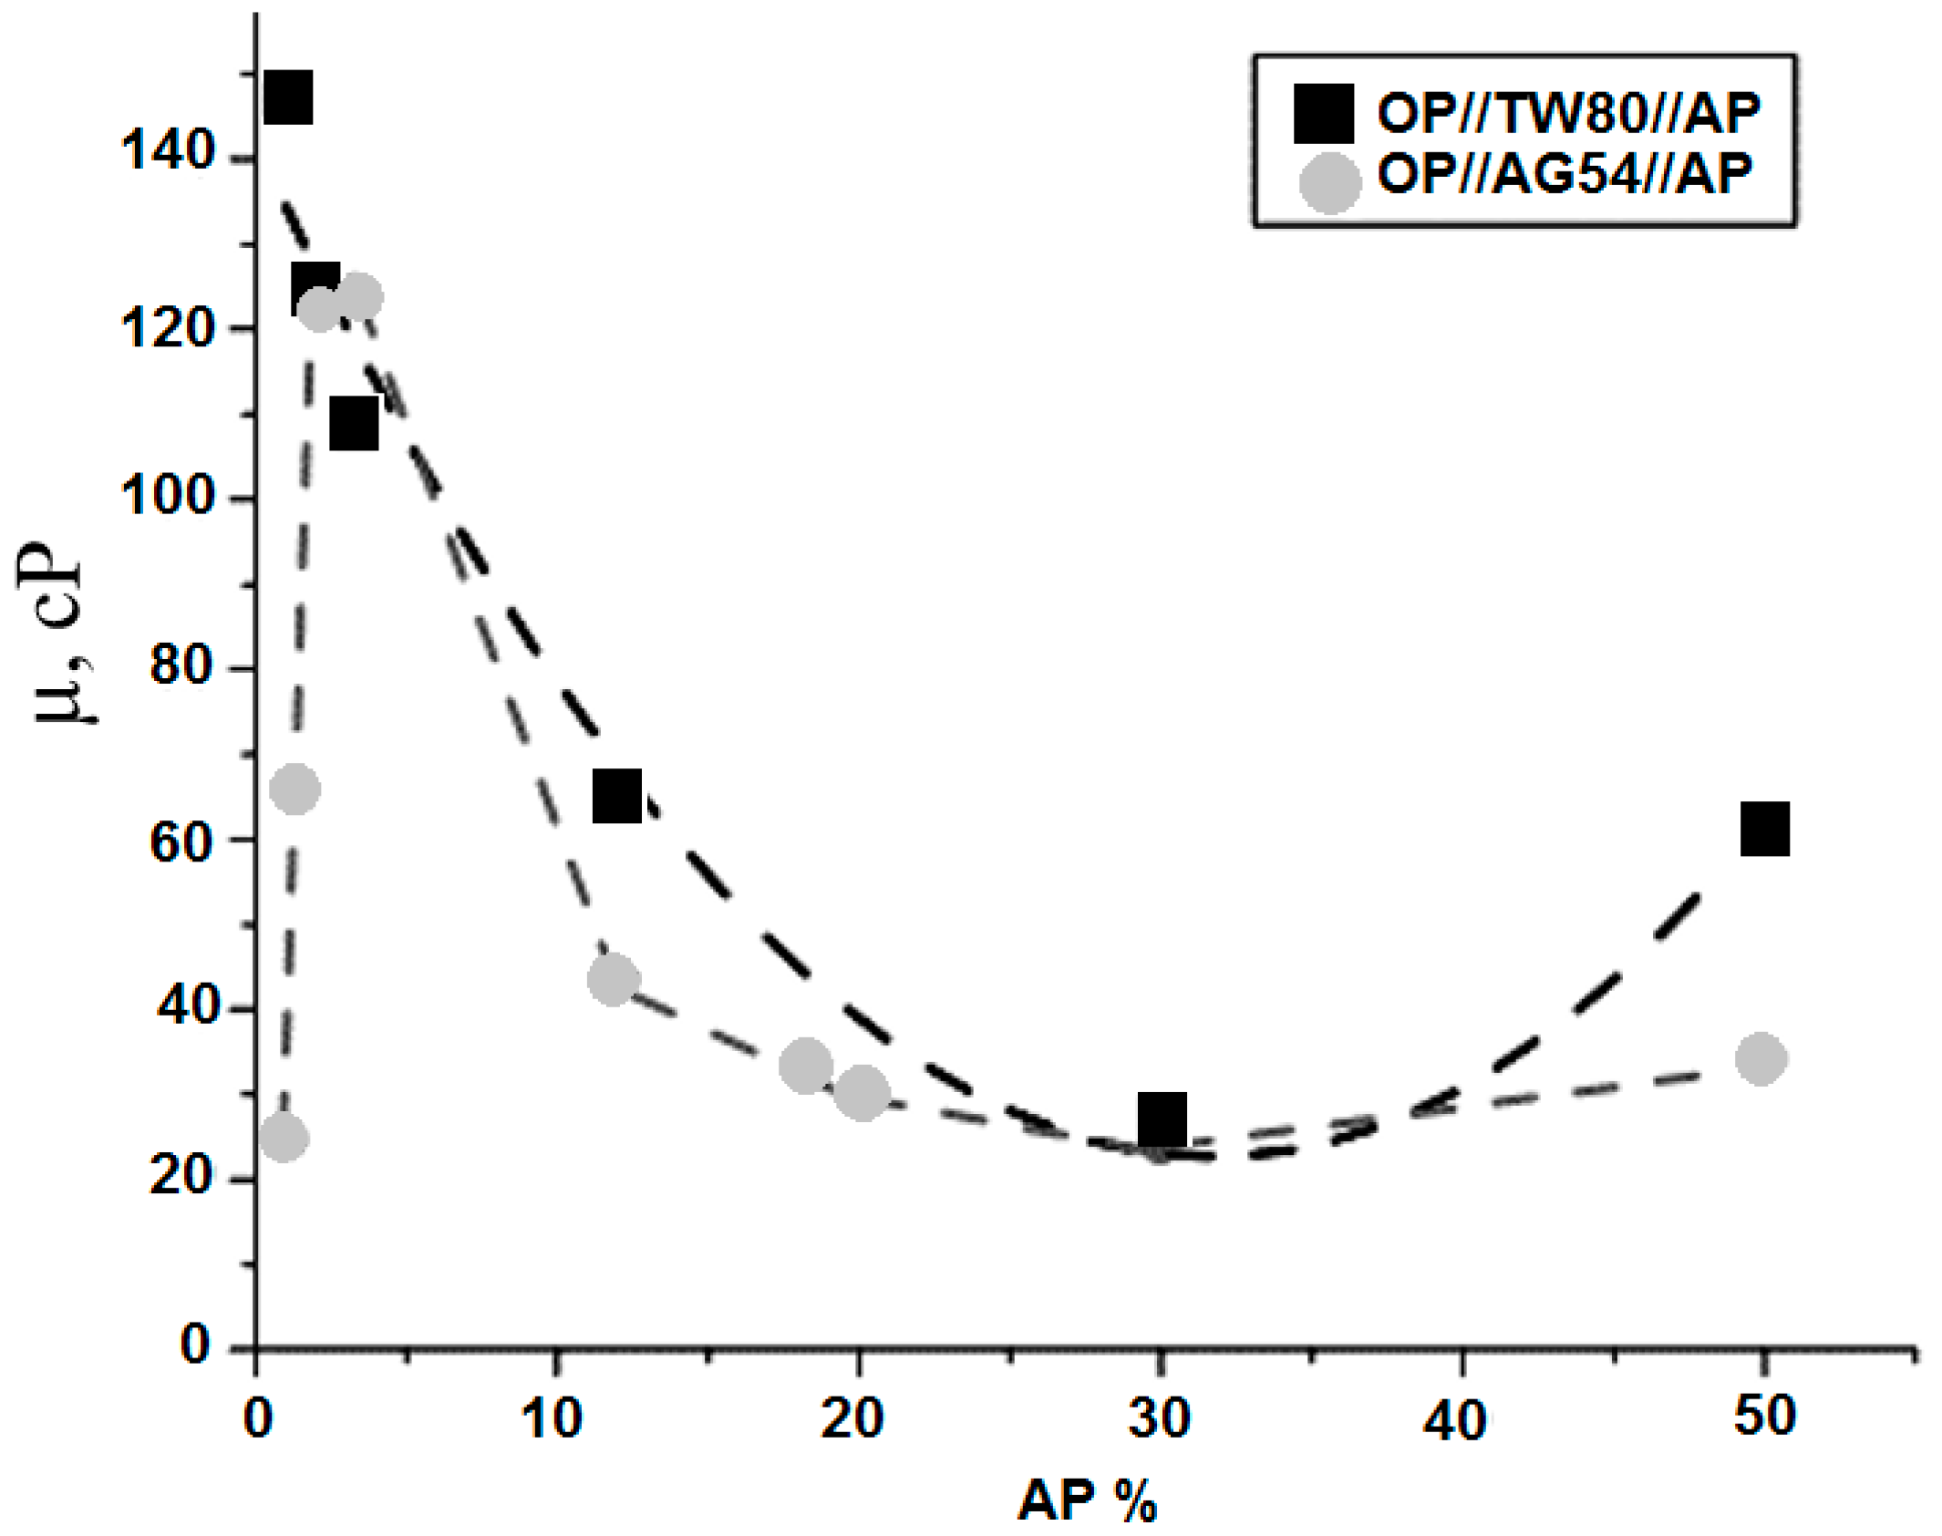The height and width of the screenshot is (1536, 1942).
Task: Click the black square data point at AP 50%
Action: coord(1764,829)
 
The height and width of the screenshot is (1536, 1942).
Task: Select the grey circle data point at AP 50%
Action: coord(1761,1058)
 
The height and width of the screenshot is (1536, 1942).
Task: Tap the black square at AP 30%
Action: coord(1162,1118)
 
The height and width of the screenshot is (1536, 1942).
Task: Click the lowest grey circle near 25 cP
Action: coord(284,1137)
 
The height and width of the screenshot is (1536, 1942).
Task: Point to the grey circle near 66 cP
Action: coord(294,789)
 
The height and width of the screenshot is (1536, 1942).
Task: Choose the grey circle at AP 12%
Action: coord(614,980)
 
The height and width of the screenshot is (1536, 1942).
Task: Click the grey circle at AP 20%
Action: coord(862,1093)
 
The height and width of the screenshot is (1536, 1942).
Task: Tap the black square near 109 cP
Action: coord(354,423)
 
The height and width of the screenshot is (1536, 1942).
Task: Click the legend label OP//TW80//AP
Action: coord(1568,113)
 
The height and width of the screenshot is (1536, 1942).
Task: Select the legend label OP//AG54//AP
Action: coord(1565,173)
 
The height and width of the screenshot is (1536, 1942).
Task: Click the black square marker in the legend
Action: coord(1324,114)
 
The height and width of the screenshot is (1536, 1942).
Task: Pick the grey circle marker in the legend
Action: coord(1330,182)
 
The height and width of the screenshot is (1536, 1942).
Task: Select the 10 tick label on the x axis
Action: coord(551,1419)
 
